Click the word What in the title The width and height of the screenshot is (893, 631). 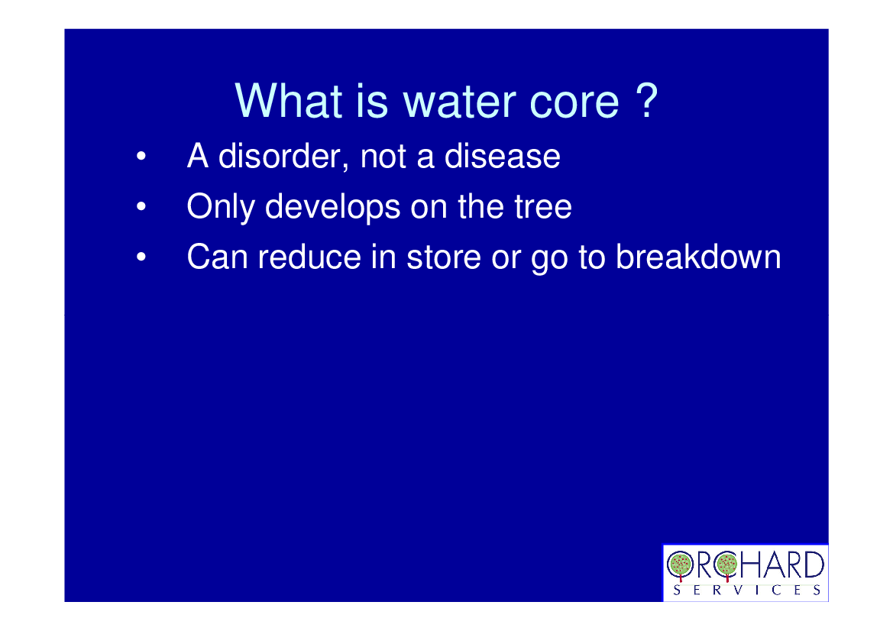click(289, 101)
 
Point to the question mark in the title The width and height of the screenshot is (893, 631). click(647, 100)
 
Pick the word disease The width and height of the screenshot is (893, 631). click(503, 156)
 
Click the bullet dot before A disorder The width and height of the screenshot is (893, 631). click(141, 156)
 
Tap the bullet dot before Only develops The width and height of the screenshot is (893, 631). click(141, 206)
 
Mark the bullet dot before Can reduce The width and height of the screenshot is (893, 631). click(141, 257)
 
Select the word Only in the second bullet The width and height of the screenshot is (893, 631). click(221, 207)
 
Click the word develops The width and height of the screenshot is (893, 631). click(332, 207)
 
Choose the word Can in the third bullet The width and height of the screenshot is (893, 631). click(217, 257)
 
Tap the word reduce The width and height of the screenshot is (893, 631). click(309, 257)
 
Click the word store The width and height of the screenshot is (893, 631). click(444, 257)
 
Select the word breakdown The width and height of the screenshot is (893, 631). click(698, 257)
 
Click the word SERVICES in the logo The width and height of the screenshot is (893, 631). click(746, 590)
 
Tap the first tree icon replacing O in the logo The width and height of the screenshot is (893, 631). click(680, 566)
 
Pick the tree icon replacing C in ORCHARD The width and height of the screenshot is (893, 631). click(727, 565)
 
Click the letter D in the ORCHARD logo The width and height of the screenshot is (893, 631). click(814, 565)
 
